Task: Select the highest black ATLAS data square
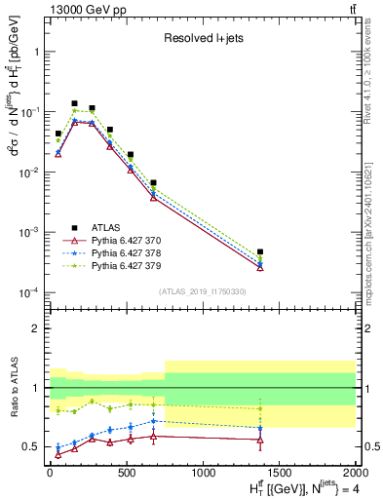click(x=74, y=103)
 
